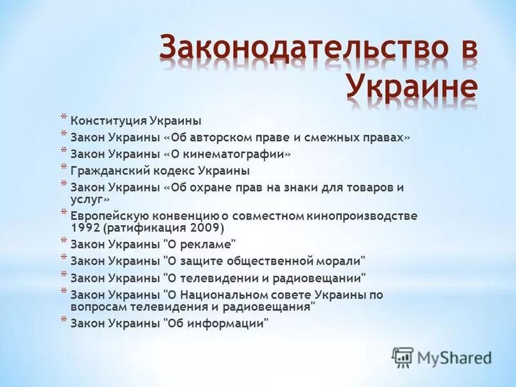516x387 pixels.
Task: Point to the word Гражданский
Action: tap(110, 171)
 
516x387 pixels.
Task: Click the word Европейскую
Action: tap(110, 216)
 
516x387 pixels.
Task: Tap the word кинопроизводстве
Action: tap(362, 216)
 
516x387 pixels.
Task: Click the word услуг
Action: tap(86, 200)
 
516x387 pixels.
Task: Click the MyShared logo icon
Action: tap(402, 357)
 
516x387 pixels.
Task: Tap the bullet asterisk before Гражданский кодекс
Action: tap(63, 168)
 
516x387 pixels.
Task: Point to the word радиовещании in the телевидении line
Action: tap(326, 278)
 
